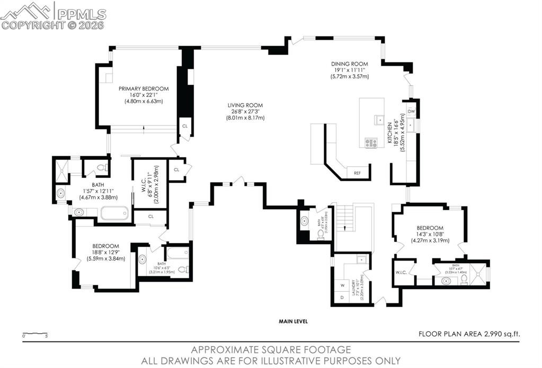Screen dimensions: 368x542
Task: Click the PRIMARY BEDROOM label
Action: [x=143, y=88]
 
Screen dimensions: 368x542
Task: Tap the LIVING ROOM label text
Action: [x=245, y=105]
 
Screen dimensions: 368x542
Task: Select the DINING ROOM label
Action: [x=350, y=64]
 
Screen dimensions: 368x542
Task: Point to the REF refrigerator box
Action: [x=358, y=173]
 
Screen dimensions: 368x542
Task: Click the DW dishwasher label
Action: [x=411, y=111]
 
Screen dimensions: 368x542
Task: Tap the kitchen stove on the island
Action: [x=371, y=142]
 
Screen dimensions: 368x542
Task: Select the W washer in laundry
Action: [x=342, y=285]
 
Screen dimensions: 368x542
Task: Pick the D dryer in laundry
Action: [x=342, y=298]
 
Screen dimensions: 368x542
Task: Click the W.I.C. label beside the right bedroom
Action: [x=401, y=273]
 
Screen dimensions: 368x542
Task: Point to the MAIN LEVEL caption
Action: [x=294, y=321]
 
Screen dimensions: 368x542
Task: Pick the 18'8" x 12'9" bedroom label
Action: [x=105, y=246]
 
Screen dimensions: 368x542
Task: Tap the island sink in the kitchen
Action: [x=379, y=120]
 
